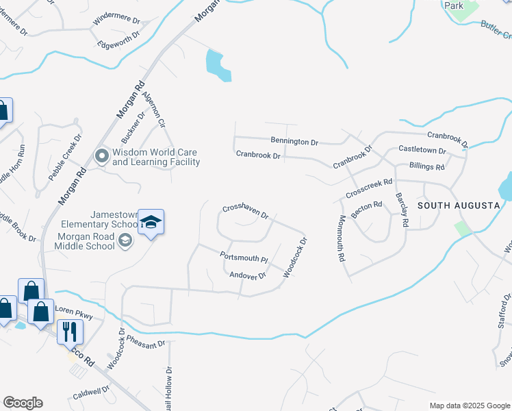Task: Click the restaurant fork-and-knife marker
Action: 70,332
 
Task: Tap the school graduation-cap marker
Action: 151,223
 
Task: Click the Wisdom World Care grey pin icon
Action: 102,157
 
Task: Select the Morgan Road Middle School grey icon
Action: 125,240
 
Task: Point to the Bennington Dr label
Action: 294,142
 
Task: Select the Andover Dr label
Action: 247,275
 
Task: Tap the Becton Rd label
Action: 366,206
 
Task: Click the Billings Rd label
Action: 426,166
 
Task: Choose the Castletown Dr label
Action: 422,149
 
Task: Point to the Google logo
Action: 23,403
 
